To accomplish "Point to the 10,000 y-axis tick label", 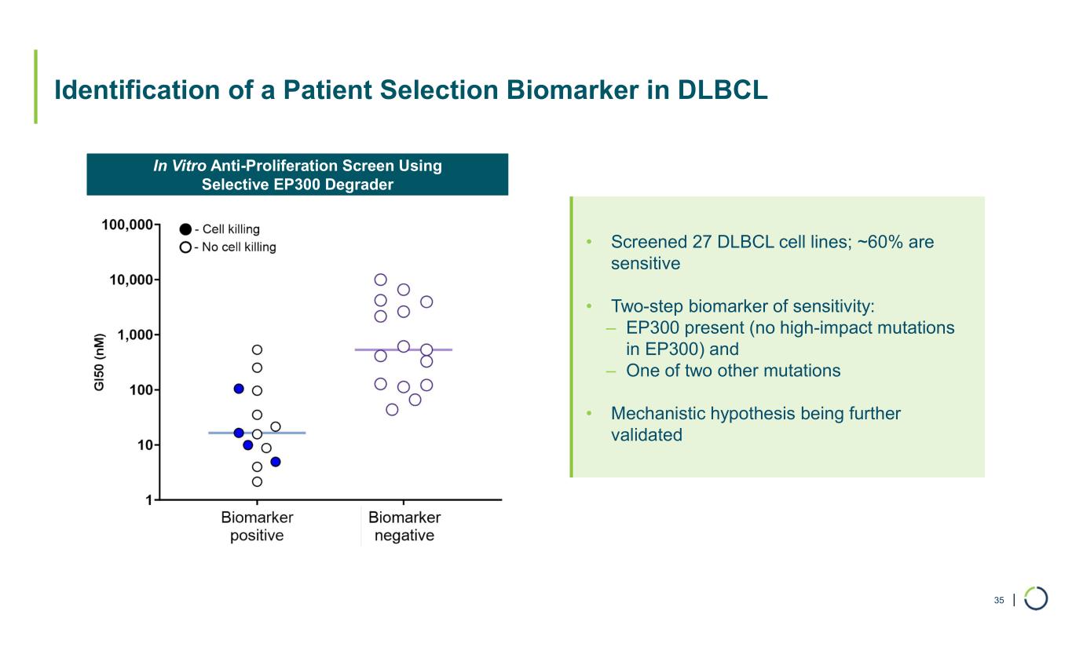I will [x=130, y=280].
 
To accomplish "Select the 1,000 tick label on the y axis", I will [x=134, y=335].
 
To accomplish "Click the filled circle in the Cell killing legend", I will [x=185, y=229].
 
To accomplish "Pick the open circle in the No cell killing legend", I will [x=185, y=247].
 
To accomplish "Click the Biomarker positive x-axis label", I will [x=257, y=527].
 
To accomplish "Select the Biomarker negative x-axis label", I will [x=404, y=527].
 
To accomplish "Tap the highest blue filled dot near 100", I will [x=239, y=389].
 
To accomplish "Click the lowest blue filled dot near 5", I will [x=276, y=462].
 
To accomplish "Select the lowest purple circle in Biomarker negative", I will [x=393, y=409].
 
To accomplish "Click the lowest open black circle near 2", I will [x=257, y=481].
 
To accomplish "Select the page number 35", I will [x=999, y=601].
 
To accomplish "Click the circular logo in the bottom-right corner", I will [x=1036, y=598].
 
